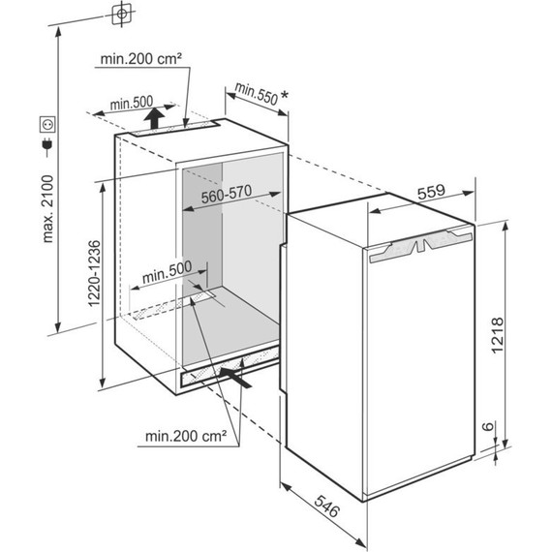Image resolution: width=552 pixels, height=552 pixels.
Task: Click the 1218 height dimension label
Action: click(x=498, y=335)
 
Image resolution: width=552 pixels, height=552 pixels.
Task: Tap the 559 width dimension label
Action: click(x=431, y=191)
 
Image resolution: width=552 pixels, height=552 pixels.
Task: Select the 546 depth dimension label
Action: click(x=327, y=506)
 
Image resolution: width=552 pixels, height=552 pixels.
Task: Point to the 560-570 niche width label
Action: click(x=227, y=194)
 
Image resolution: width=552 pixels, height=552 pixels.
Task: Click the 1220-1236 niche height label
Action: click(x=94, y=273)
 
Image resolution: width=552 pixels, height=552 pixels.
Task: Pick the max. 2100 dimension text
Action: click(x=47, y=208)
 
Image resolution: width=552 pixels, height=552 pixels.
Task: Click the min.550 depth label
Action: click(x=257, y=93)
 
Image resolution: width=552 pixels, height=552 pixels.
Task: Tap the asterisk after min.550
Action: click(x=284, y=95)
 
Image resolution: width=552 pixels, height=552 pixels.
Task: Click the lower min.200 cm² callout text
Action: click(x=186, y=436)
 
